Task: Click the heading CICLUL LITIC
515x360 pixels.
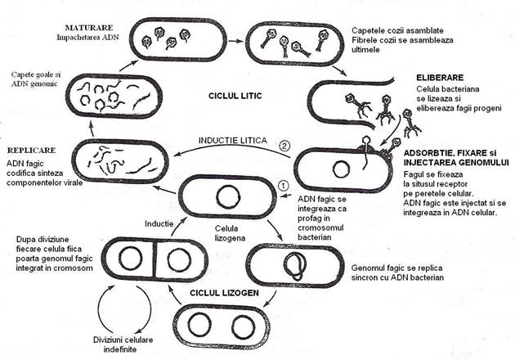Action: click(235, 96)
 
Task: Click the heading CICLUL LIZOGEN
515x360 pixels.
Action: click(224, 293)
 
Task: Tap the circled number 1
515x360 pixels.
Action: click(283, 186)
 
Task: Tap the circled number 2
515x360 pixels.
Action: click(284, 146)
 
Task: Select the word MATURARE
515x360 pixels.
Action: click(89, 28)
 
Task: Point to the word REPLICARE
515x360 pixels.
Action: click(32, 151)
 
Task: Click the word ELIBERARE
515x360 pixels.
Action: click(440, 78)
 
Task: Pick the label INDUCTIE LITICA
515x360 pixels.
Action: click(233, 141)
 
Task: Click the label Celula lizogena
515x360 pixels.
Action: click(230, 233)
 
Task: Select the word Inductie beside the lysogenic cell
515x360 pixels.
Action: click(159, 223)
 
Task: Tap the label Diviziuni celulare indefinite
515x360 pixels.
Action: click(123, 344)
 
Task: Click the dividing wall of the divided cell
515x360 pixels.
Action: click(154, 259)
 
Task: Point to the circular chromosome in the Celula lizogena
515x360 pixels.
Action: click(229, 197)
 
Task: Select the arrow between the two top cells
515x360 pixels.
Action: click(235, 41)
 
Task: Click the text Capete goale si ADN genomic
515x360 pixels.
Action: click(36, 79)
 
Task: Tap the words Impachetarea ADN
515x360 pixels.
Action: click(87, 37)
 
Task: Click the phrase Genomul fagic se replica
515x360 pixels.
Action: click(396, 268)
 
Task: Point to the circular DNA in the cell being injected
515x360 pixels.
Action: click(341, 169)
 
